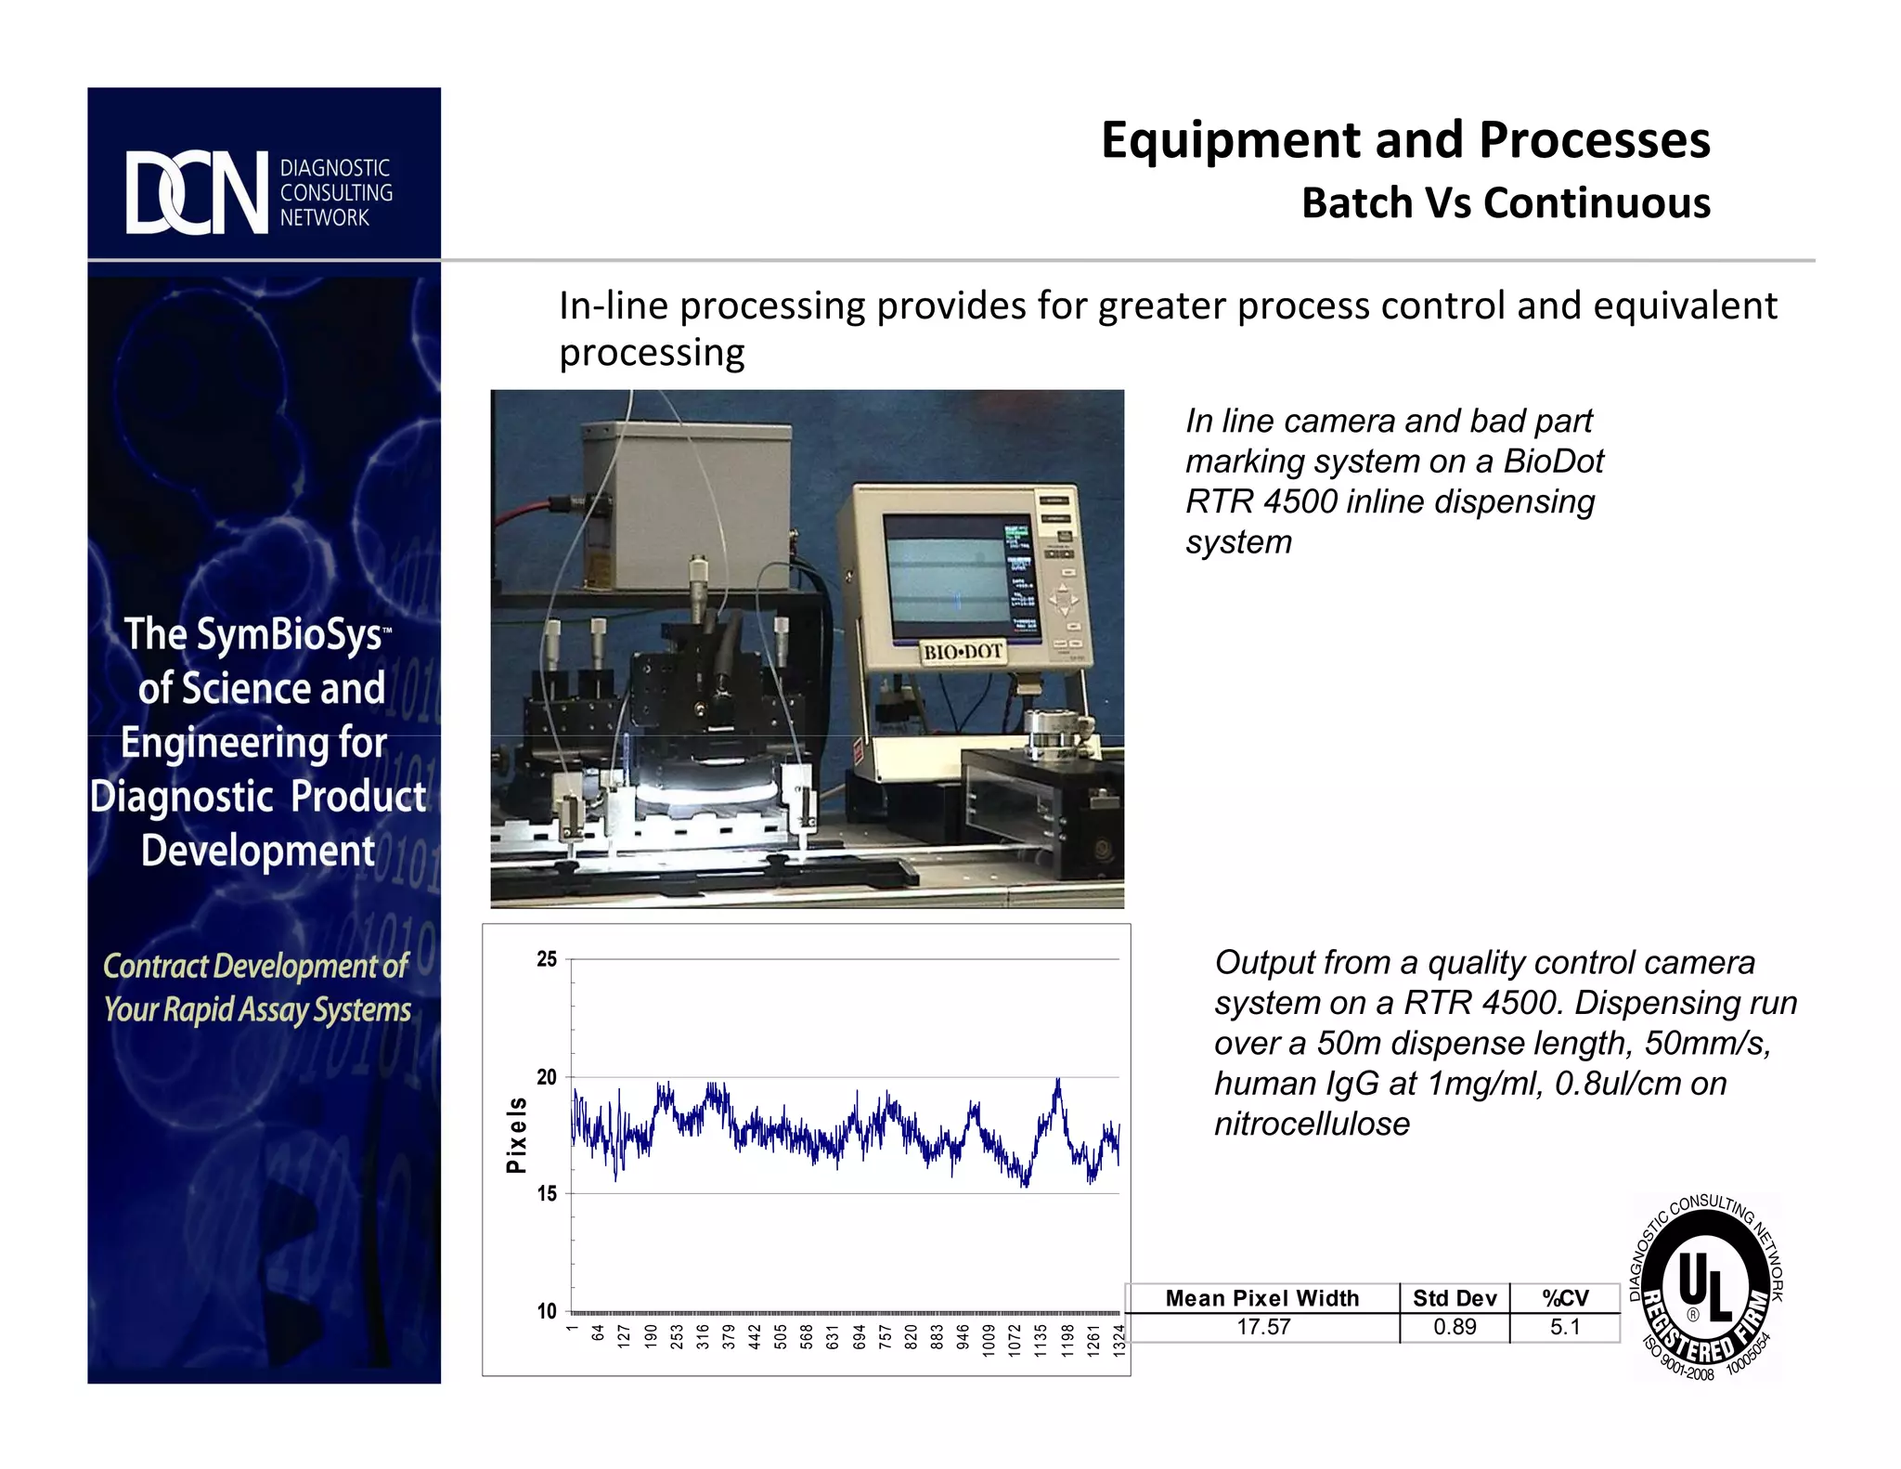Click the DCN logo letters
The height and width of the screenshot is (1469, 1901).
coord(197,192)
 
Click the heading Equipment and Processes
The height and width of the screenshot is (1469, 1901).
coord(1404,141)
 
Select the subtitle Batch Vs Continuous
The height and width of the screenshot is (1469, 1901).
coord(1505,203)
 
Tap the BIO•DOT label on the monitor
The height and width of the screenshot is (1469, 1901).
coord(963,652)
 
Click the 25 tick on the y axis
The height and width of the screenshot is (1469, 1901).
coord(547,959)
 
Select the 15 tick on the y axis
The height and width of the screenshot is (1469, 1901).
coord(547,1193)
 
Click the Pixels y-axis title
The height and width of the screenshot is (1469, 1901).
coord(516,1135)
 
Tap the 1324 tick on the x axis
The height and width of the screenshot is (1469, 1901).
coord(1119,1340)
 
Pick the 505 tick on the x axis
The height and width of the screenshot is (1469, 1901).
coord(781,1337)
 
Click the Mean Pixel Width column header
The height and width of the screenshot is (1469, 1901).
coord(1261,1298)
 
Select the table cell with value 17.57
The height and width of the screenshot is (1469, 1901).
coord(1263,1327)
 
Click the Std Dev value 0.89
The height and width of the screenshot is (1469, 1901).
coord(1455,1327)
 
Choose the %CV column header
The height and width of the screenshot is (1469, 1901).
coord(1565,1298)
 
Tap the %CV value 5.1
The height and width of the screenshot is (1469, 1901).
coord(1565,1327)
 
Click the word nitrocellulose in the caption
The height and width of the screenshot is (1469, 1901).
coord(1312,1124)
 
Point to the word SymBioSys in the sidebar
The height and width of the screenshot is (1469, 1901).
coord(288,635)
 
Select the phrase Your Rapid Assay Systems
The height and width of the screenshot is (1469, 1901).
coord(257,1009)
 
